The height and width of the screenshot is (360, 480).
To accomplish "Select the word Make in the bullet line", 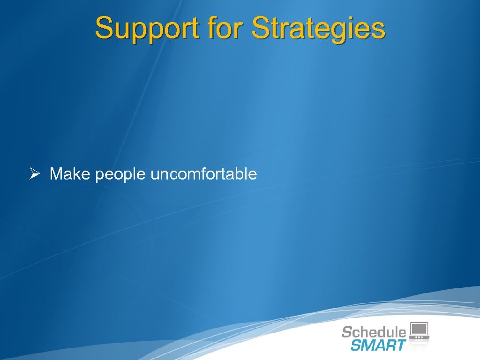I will (71, 174).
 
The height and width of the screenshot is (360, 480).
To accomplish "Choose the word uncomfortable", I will (204, 174).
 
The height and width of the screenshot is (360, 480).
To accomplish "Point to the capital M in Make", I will (56, 174).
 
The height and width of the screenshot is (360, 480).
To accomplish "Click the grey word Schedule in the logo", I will (374, 332).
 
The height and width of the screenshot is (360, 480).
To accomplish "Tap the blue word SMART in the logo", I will (378, 345).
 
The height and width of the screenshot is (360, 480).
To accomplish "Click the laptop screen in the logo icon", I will (419, 329).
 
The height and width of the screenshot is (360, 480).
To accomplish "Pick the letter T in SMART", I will (400, 345).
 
